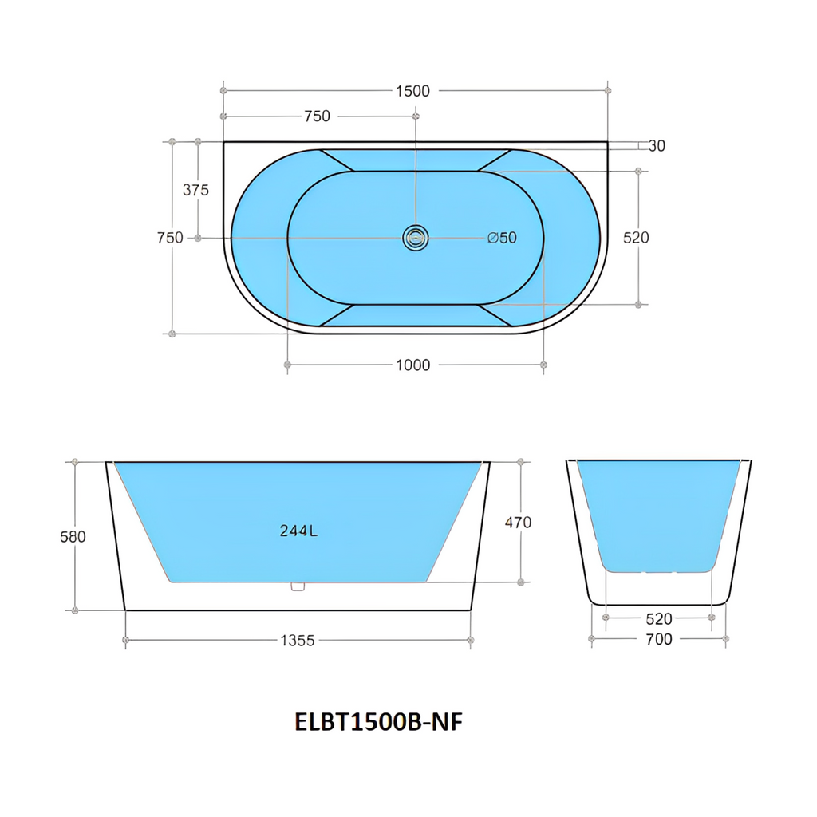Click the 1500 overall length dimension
[x=412, y=91]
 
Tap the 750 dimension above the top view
[x=318, y=116]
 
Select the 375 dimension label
[x=195, y=190]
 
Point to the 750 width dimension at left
[x=170, y=238]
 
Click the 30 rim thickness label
[x=657, y=146]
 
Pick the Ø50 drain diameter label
[x=502, y=238]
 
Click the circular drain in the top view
[x=416, y=238]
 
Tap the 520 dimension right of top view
[x=636, y=238]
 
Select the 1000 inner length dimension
[x=412, y=365]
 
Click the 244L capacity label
[x=298, y=531]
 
